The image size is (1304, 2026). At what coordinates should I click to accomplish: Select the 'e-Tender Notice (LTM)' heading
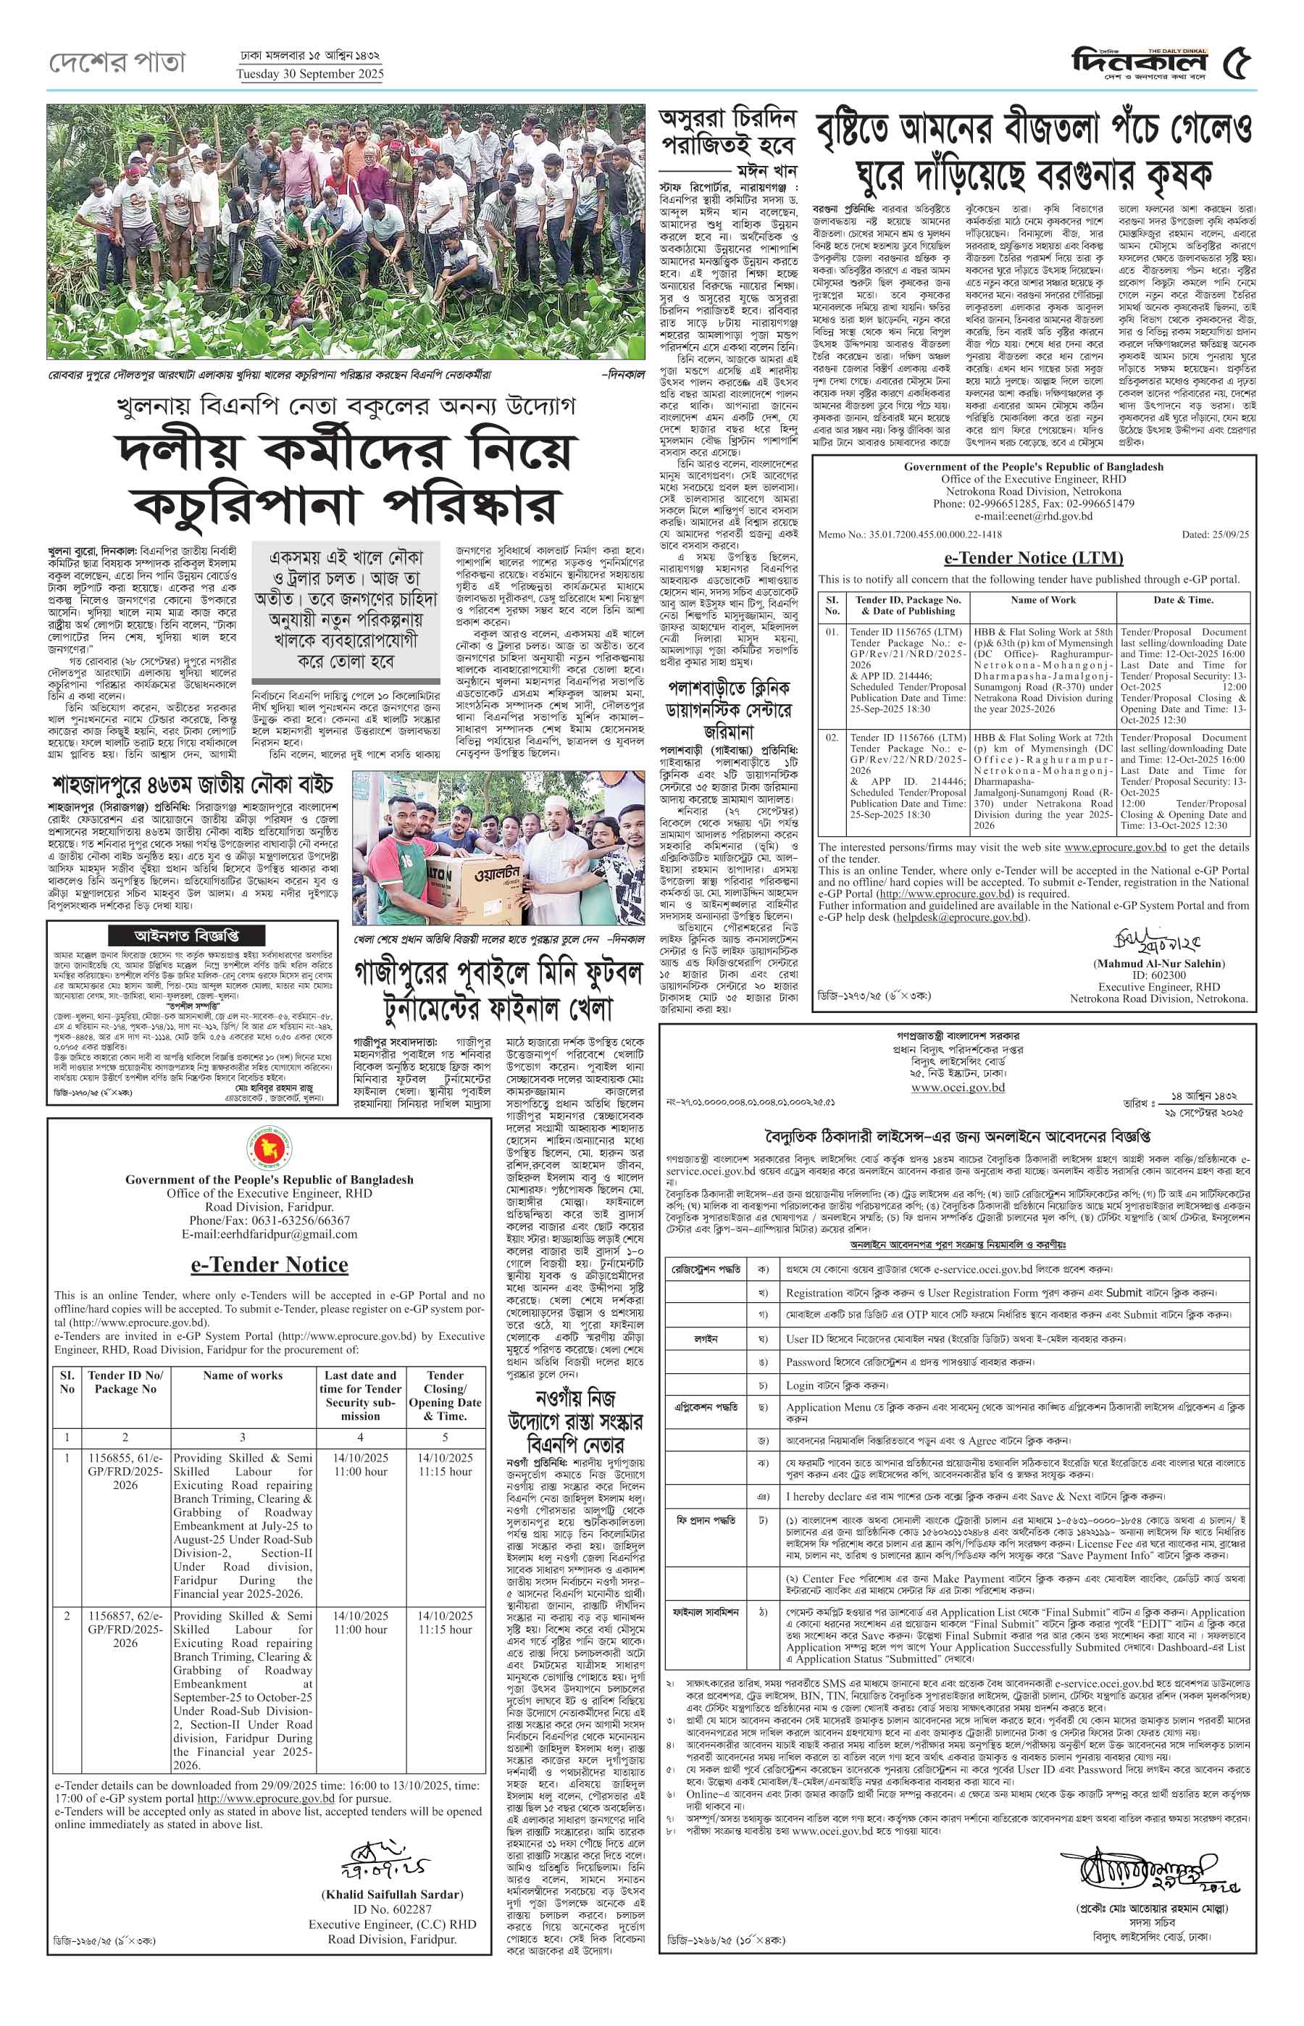tap(1033, 557)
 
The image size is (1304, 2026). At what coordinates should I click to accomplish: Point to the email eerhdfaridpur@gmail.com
tap(269, 1234)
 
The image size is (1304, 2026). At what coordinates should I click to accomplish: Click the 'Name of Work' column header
tap(1042, 600)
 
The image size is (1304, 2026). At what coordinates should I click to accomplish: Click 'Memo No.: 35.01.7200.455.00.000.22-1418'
tap(909, 535)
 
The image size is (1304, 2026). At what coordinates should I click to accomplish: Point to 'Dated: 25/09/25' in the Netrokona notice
tap(1215, 535)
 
